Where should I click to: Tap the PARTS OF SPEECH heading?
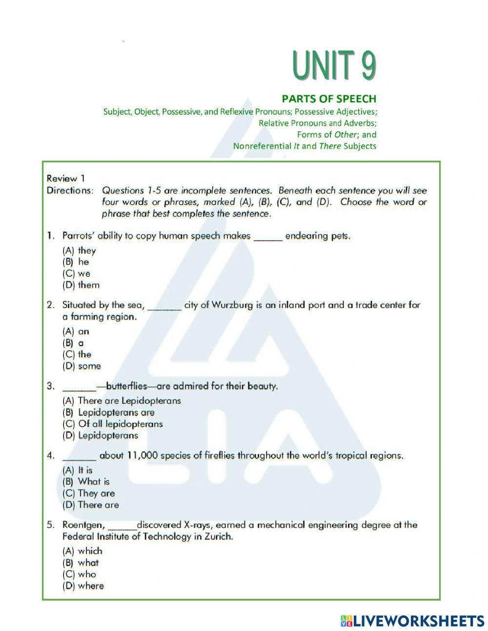[336, 99]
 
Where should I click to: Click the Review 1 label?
[65, 178]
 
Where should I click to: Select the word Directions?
[69, 190]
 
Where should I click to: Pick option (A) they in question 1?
[80, 250]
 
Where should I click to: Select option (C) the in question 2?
[77, 354]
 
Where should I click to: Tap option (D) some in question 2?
[82, 366]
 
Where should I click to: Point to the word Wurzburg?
[232, 305]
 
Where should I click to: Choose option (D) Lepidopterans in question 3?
[101, 435]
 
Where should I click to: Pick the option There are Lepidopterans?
[122, 401]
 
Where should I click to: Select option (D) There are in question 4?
[91, 505]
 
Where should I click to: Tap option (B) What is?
[86, 481]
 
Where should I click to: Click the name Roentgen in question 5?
[83, 525]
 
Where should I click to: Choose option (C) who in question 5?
[80, 574]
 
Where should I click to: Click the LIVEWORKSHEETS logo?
[412, 620]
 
